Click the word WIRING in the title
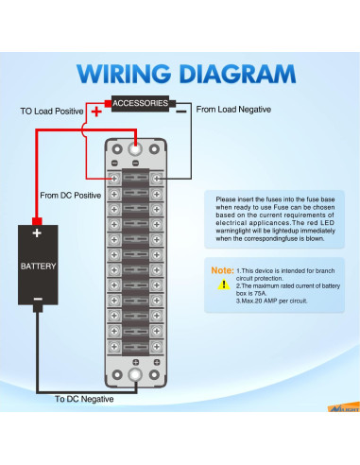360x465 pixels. [x=124, y=74]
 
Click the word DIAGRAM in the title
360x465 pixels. [x=237, y=74]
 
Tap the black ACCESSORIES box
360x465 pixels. [x=140, y=104]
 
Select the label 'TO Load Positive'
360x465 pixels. [x=52, y=112]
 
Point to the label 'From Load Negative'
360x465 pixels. [x=233, y=110]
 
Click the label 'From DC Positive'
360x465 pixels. [x=71, y=196]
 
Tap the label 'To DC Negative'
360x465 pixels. [x=84, y=399]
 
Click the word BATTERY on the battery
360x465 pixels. [x=38, y=267]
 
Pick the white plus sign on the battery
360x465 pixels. [x=37, y=233]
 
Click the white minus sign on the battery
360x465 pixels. [x=38, y=299]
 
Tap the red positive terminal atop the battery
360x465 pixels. [x=37, y=221]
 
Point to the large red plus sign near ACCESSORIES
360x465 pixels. [x=96, y=112]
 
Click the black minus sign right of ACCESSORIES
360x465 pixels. [x=181, y=112]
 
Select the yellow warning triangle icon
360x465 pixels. [x=224, y=284]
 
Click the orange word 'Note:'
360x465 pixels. [x=222, y=270]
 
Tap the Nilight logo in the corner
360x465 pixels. [x=344, y=407]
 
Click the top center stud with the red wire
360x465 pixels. [x=135, y=148]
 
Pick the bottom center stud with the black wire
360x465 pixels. [x=135, y=374]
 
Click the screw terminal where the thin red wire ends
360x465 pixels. [x=114, y=179]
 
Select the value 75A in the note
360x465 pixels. [x=260, y=293]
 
